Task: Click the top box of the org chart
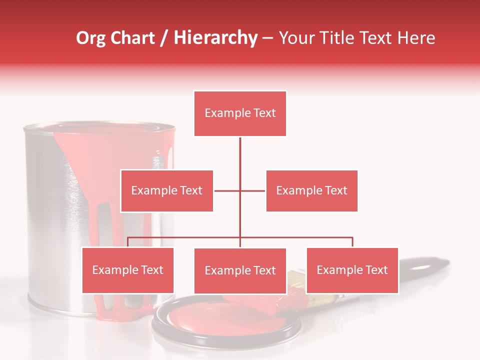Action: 240,113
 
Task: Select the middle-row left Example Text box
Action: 166,190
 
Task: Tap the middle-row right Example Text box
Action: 311,190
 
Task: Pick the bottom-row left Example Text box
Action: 127,270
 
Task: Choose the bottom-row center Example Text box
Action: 240,270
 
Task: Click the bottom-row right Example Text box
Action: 352,270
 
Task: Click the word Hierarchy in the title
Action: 215,38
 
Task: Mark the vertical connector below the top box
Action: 240,155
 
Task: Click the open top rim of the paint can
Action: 100,128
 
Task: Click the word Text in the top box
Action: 264,113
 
